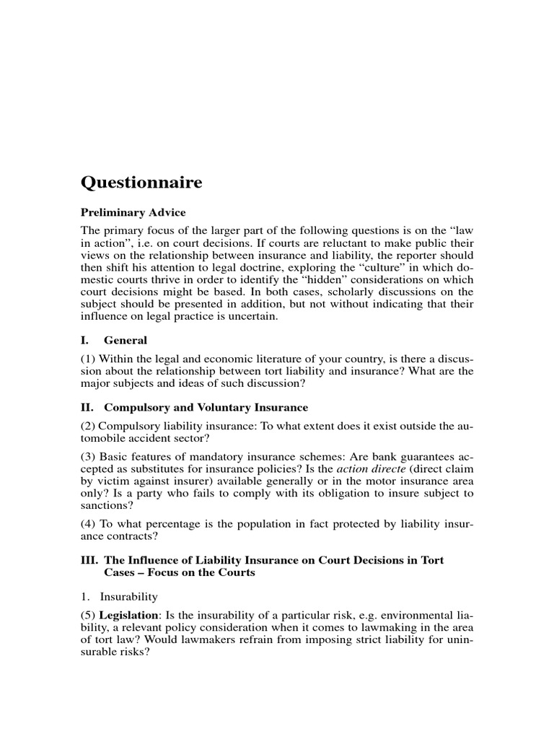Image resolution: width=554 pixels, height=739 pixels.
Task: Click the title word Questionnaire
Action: pyautogui.click(x=141, y=183)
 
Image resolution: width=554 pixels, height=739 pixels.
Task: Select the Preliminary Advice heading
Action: pyautogui.click(x=133, y=212)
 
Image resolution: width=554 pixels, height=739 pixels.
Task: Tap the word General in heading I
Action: pyautogui.click(x=126, y=340)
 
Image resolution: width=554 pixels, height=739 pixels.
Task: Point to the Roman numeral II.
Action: pyautogui.click(x=86, y=408)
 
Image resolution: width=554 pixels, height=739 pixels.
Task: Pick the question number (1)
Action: pyautogui.click(x=87, y=359)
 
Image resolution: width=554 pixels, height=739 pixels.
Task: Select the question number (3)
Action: pyautogui.click(x=87, y=460)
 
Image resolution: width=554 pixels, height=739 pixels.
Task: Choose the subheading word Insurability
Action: pyautogui.click(x=128, y=598)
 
